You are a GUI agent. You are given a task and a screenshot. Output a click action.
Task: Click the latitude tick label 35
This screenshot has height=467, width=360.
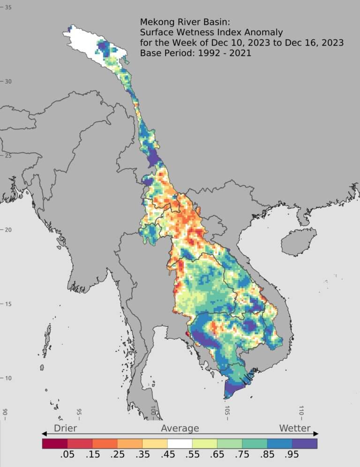8,8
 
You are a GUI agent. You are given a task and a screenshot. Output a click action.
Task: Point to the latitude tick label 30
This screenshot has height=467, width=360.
8,82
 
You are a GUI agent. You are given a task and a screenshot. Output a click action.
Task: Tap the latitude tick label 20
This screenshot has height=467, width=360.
8,230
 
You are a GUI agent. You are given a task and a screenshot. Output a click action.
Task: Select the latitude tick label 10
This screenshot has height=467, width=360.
8,378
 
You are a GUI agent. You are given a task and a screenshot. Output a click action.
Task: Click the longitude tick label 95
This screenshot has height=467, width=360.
79,413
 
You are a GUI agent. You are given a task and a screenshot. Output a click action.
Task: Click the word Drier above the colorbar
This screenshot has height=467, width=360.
65,428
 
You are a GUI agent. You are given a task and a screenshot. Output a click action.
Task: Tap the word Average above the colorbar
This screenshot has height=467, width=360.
180,428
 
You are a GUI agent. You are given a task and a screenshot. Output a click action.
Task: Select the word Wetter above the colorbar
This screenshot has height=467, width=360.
295,428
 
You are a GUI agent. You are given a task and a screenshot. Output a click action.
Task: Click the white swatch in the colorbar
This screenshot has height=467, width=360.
180,443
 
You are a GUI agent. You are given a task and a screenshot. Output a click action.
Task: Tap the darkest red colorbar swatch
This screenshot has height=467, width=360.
54,443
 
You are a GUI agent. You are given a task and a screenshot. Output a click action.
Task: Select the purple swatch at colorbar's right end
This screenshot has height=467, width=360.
305,443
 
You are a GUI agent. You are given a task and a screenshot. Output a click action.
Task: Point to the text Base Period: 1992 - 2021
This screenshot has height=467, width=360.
195,53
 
